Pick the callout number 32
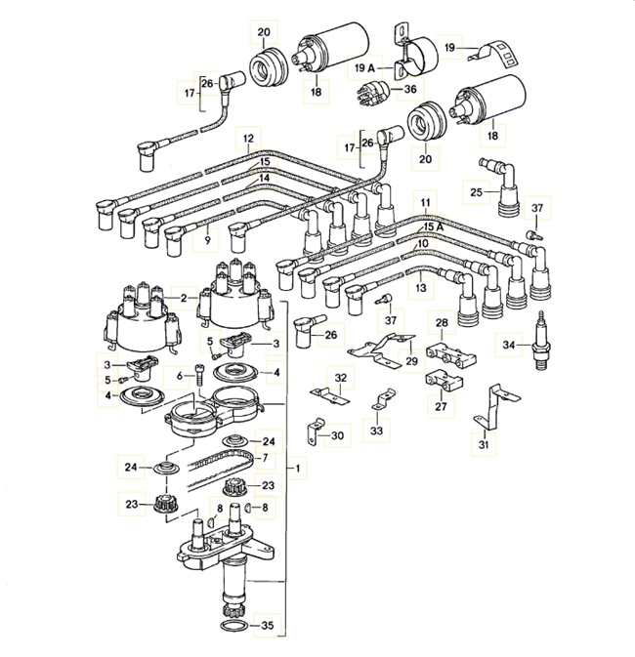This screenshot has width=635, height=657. (340, 377)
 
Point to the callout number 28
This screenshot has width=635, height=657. (441, 323)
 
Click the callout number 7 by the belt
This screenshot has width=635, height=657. (263, 457)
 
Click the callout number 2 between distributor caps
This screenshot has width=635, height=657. (183, 297)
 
